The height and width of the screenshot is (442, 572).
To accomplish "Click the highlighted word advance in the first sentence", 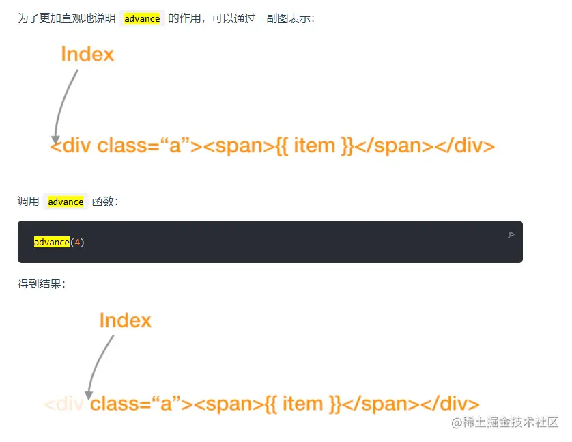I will pos(142,18).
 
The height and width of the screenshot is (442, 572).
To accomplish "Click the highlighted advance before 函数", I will pos(66,202).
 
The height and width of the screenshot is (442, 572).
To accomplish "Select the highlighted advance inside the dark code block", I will pos(52,242).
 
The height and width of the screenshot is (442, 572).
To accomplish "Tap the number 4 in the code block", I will pos(77,242).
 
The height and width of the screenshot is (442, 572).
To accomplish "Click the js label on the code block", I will pos(511,233).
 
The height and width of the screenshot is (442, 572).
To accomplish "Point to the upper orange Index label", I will pos(87,54).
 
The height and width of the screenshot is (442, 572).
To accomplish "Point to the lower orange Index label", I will pos(125,320).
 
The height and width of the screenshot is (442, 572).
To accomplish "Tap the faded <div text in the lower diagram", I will pos(63,404).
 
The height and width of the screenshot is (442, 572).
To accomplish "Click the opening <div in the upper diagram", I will pos(72,146).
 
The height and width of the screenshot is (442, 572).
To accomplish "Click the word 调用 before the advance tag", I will pos(28,202).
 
